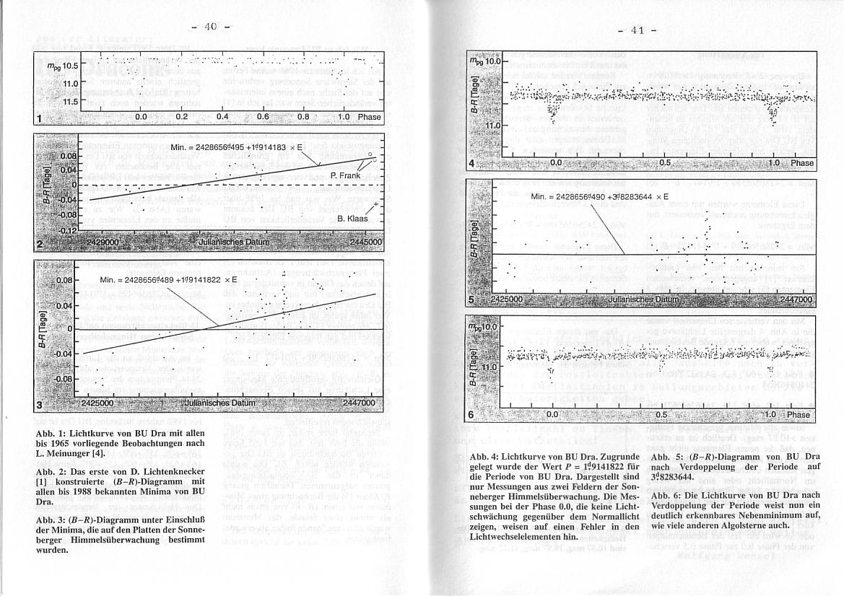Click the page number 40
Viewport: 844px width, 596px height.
point(210,27)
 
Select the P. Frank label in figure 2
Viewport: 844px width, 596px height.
point(344,175)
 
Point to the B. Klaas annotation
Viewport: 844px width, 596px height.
point(352,218)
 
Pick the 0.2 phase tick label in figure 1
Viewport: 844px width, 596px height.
point(181,116)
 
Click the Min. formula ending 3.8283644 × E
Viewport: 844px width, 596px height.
point(599,196)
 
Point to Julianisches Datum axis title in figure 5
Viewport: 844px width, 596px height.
point(643,299)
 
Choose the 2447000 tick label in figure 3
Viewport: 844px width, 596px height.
point(359,403)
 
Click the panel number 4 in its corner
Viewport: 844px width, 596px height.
point(471,164)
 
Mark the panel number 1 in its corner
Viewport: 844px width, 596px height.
point(39,119)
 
